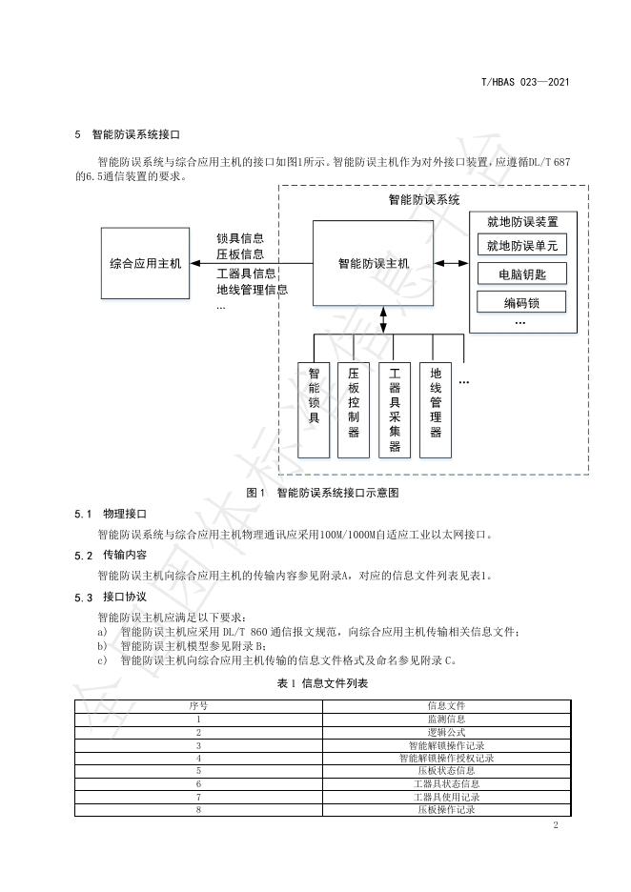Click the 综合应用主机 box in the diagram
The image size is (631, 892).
145,263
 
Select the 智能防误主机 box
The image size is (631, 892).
373,263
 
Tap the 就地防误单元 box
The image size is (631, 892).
521,246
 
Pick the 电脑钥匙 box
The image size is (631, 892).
521,274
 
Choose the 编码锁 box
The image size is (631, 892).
521,303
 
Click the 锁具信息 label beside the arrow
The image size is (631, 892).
240,237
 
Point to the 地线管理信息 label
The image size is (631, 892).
253,290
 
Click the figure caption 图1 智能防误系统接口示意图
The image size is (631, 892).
321,493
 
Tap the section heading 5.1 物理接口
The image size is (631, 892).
112,514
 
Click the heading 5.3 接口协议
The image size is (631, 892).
112,598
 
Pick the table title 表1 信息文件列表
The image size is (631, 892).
322,683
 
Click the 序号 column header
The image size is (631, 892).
198,706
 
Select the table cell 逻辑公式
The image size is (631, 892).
446,733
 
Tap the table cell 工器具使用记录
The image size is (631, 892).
446,797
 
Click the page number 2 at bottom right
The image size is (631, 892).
555,825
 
